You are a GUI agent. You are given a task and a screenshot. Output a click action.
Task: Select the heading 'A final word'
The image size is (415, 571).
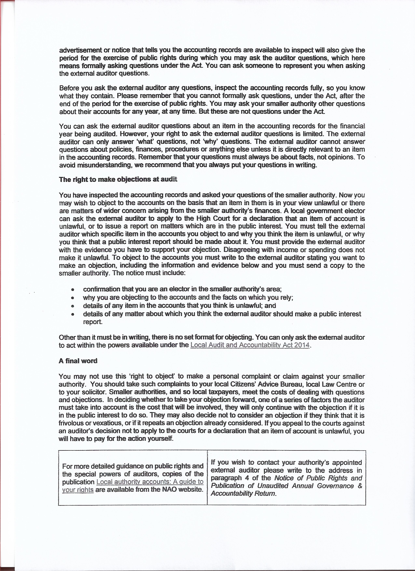pos(78,361)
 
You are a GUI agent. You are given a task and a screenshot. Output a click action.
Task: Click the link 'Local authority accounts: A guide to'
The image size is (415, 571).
pos(150,482)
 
